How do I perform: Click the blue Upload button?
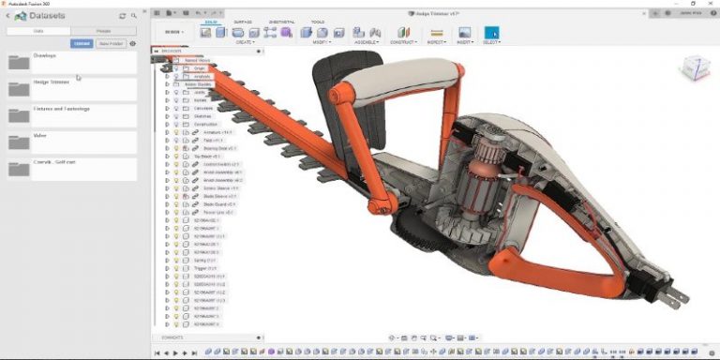pyautogui.click(x=82, y=43)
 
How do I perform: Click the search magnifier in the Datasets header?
pyautogui.click(x=134, y=16)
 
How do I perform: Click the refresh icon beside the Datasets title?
pyautogui.click(x=122, y=16)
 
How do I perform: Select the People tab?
pyautogui.click(x=103, y=31)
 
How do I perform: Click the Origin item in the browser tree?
pyautogui.click(x=199, y=68)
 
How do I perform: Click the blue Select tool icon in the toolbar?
pyautogui.click(x=491, y=33)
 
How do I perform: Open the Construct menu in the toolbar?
pyautogui.click(x=403, y=42)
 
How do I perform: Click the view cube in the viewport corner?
pyautogui.click(x=694, y=67)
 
